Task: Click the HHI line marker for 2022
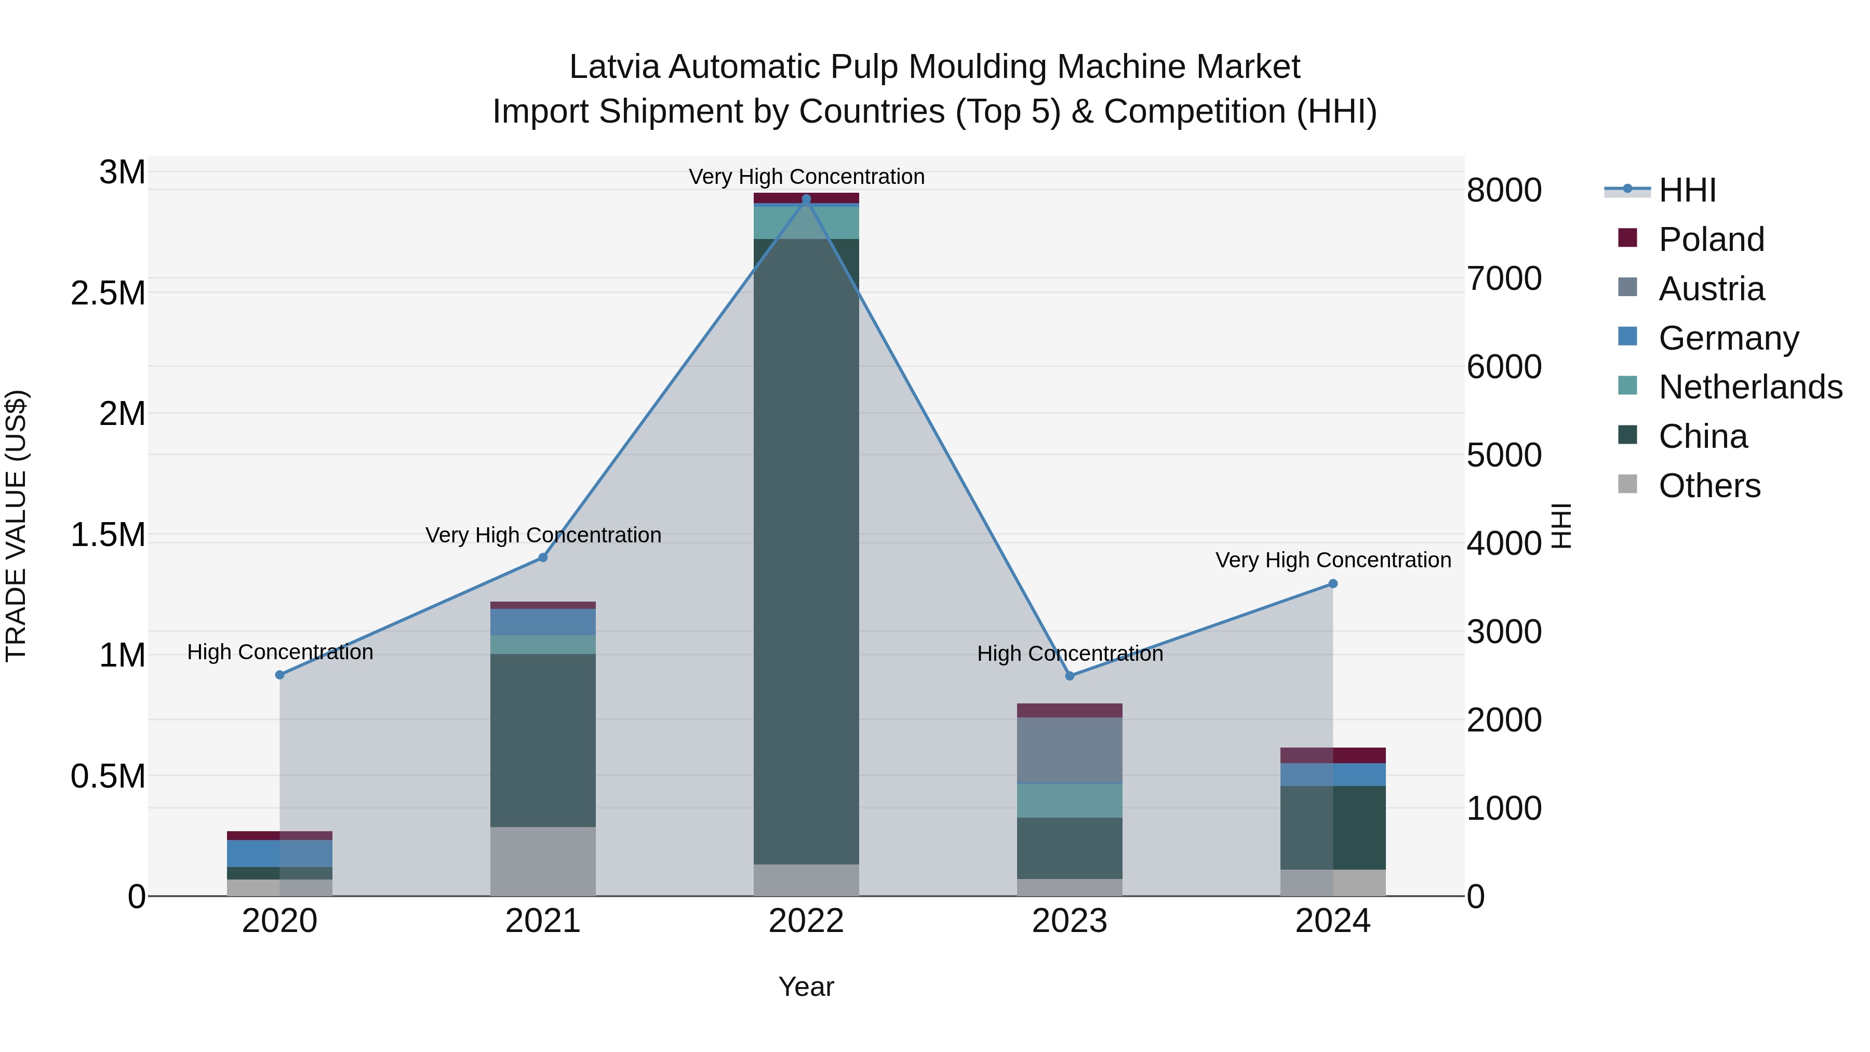[x=806, y=199]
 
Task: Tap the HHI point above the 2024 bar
[x=1333, y=584]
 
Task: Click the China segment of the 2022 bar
[x=806, y=552]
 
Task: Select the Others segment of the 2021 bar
[x=543, y=861]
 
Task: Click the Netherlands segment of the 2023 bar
[x=1070, y=800]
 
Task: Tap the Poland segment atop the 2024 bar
[x=1333, y=755]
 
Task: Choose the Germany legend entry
[x=1728, y=338]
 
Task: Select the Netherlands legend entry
[x=1749, y=387]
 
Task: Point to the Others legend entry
[x=1709, y=486]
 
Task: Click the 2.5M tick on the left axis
[x=108, y=294]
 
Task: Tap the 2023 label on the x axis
[x=1070, y=921]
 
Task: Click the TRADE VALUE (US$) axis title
[x=16, y=526]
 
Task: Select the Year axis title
[x=806, y=987]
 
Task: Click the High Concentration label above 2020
[x=280, y=652]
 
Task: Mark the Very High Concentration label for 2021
[x=543, y=535]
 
